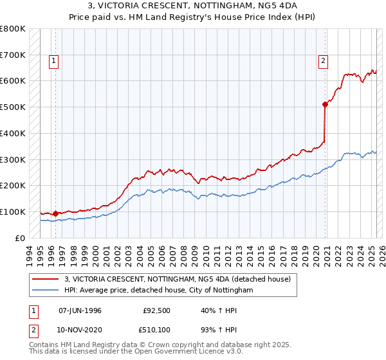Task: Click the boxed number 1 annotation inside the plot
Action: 54,62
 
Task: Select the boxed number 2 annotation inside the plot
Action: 323,62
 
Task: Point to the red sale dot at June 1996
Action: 55,213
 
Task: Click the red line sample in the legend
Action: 46,279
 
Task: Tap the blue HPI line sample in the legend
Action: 46,290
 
